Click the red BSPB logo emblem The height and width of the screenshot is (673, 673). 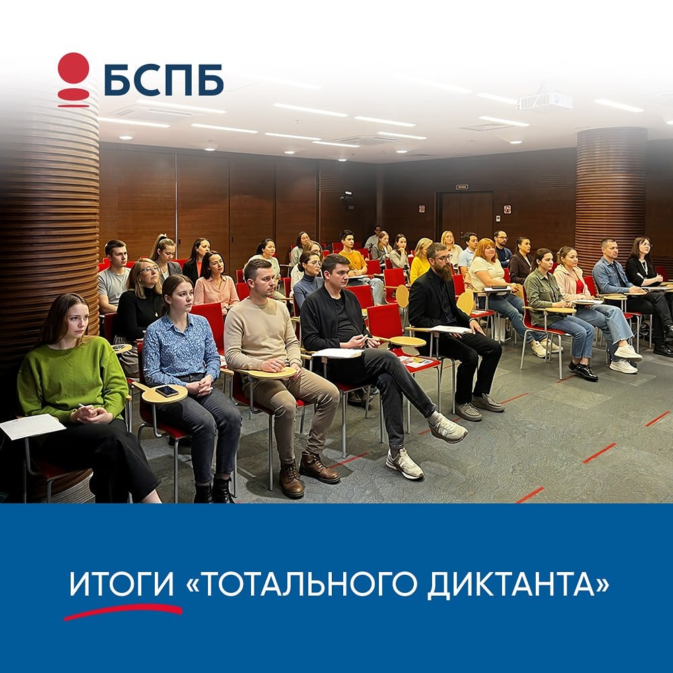73,79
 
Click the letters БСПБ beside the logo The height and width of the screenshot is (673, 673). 164,80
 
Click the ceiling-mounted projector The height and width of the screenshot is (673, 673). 544,101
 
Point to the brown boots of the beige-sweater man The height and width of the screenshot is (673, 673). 306,471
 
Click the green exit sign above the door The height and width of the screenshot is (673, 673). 462,186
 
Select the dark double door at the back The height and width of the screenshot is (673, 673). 466,215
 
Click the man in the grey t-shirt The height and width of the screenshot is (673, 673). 114,279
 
